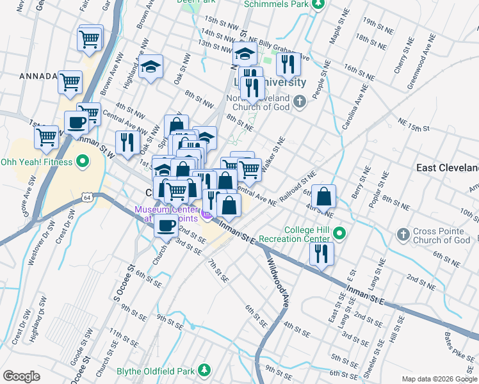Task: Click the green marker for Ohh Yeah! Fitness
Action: (81, 161)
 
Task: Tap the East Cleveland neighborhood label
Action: (447, 168)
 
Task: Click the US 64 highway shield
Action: (86, 199)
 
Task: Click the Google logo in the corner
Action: (21, 376)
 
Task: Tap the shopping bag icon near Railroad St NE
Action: (325, 196)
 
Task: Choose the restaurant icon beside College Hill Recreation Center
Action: (321, 253)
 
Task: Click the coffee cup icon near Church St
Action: (167, 225)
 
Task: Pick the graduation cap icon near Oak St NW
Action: (150, 67)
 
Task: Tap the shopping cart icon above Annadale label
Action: (90, 38)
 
